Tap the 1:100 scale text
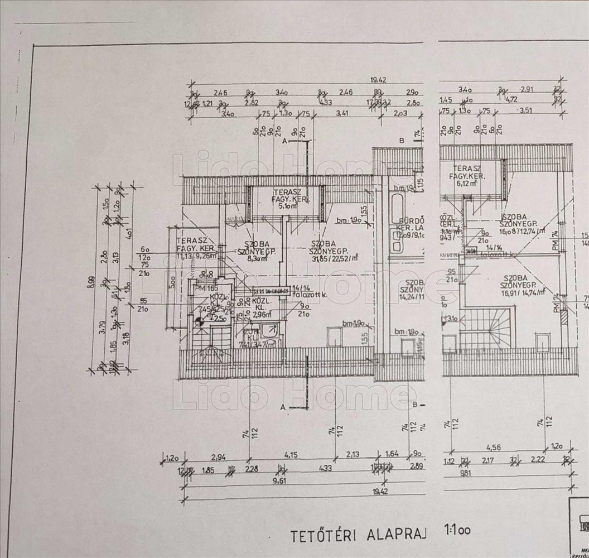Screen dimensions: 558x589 tap(457, 530)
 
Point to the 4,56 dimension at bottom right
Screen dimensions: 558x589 tap(493, 447)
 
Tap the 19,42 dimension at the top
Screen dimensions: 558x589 tap(378, 80)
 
